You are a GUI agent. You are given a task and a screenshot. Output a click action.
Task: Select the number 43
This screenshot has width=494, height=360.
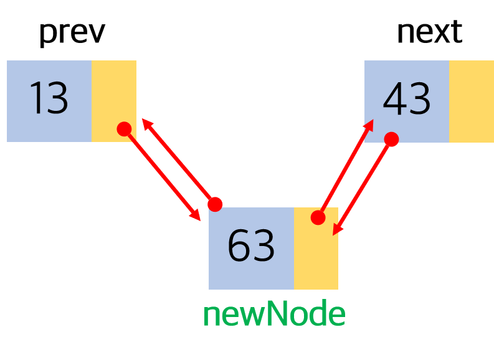pyautogui.click(x=406, y=100)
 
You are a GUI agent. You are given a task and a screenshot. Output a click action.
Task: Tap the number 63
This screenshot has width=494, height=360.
pyautogui.click(x=251, y=246)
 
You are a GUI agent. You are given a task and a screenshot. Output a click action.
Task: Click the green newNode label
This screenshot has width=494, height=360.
pyautogui.click(x=274, y=315)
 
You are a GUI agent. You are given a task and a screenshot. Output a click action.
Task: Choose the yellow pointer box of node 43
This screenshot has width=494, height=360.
pyautogui.click(x=471, y=101)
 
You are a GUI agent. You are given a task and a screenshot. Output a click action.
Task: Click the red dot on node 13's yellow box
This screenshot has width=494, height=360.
pyautogui.click(x=124, y=129)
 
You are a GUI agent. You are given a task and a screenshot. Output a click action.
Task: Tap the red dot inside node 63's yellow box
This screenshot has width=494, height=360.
pyautogui.click(x=318, y=217)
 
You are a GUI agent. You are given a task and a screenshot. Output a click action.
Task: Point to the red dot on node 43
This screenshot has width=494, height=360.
pyautogui.click(x=391, y=140)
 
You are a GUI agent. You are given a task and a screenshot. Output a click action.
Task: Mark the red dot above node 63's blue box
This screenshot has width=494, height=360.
pyautogui.click(x=215, y=204)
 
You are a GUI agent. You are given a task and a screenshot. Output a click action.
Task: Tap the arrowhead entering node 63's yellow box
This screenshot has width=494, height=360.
pyautogui.click(x=336, y=230)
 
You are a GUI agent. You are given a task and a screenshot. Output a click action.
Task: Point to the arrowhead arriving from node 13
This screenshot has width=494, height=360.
pyautogui.click(x=196, y=216)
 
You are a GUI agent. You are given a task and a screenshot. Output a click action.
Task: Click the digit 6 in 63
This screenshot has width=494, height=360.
pyautogui.click(x=239, y=246)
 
